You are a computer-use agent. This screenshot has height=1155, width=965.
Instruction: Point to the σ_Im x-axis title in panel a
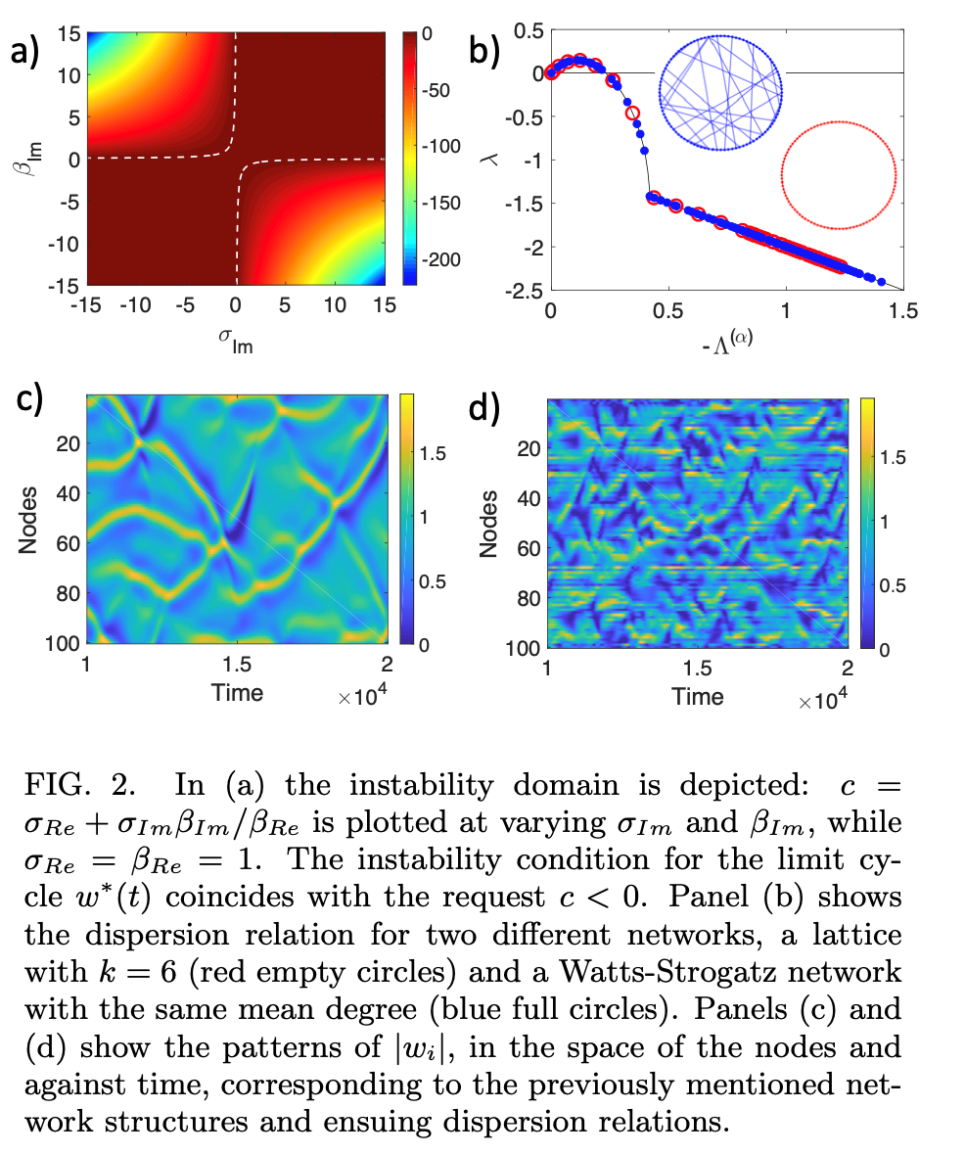click(x=236, y=338)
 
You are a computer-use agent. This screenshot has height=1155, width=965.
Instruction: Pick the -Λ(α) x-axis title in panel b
click(x=726, y=341)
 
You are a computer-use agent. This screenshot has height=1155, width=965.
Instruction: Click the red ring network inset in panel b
click(x=839, y=175)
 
